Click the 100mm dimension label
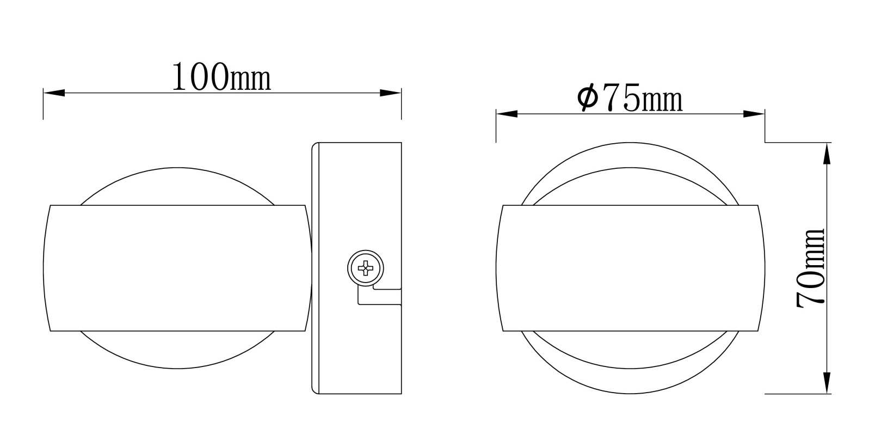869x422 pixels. pyautogui.click(x=221, y=77)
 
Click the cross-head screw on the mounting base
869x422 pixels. pyautogui.click(x=366, y=268)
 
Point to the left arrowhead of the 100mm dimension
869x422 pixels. pyautogui.click(x=54, y=93)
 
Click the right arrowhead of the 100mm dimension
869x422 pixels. pyautogui.click(x=390, y=93)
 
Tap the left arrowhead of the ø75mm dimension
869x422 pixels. pyautogui.click(x=507, y=114)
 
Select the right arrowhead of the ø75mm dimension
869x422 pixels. pyautogui.click(x=754, y=114)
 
